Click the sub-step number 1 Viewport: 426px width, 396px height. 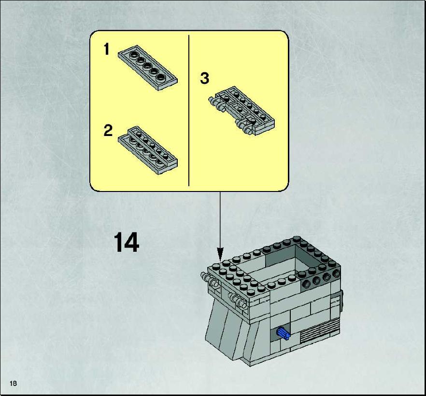coord(106,49)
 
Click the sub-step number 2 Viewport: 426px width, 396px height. coord(108,130)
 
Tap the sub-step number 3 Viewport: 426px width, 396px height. coord(205,78)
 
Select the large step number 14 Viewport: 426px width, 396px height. coord(126,242)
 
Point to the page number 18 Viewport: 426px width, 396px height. coord(13,383)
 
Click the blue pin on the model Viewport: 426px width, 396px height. coord(284,333)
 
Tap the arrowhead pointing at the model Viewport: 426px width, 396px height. coord(220,254)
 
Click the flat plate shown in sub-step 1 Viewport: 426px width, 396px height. coord(147,68)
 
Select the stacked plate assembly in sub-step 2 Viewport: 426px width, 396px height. coord(147,150)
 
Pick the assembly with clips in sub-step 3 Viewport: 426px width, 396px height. coord(242,110)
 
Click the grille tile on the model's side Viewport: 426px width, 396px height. coord(320,331)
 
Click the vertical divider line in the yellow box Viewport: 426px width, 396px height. coord(189,110)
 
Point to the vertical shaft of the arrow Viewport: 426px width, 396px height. coord(220,219)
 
